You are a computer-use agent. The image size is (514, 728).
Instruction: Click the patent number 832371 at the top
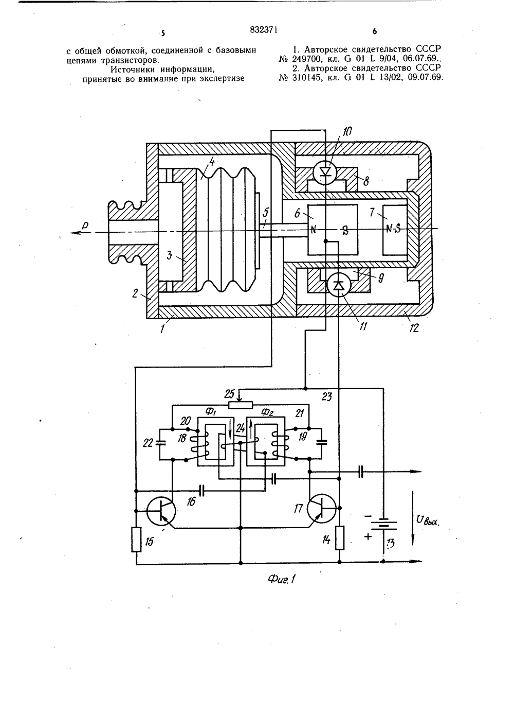tap(264, 30)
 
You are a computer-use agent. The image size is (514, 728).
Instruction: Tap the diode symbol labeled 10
tap(325, 172)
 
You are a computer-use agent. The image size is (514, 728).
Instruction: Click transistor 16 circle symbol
tap(161, 511)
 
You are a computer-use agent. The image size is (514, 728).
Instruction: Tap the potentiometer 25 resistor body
tap(240, 405)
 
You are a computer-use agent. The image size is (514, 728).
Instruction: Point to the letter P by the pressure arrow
tap(85, 225)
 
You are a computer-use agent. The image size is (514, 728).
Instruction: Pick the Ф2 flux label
tap(267, 412)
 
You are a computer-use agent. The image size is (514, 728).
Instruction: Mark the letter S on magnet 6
tap(345, 231)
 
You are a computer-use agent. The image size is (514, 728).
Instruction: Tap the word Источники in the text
tap(132, 70)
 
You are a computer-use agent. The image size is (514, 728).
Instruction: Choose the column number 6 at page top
tap(375, 32)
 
